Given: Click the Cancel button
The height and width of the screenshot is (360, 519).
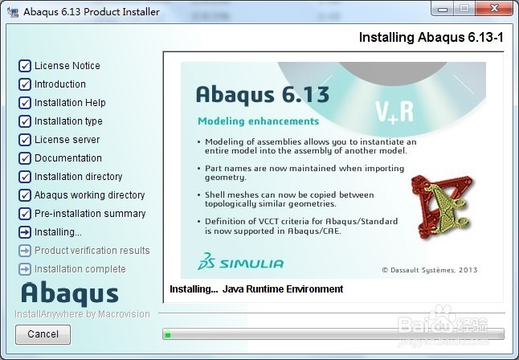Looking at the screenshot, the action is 43,334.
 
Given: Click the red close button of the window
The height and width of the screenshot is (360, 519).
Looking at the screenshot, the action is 494,8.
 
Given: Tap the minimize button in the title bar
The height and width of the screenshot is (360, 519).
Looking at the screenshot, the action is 443,8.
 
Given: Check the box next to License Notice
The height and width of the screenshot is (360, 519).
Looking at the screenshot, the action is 25,66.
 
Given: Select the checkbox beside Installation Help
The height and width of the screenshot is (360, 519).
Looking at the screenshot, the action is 25,103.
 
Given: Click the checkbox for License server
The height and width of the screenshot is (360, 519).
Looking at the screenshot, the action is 25,140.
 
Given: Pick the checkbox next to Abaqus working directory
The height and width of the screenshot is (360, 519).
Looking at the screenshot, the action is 25,195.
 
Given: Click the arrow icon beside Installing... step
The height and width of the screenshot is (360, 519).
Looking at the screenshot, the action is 25,232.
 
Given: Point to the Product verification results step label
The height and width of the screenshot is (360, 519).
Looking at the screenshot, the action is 92,251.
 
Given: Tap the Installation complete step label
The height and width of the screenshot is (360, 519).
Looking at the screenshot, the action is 80,269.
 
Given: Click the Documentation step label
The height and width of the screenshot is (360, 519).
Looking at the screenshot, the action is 68,158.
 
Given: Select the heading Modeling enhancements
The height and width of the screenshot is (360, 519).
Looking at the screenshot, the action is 258,121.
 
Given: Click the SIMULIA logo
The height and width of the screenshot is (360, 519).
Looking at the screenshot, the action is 241,262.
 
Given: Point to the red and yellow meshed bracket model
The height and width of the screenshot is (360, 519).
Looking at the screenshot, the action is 443,207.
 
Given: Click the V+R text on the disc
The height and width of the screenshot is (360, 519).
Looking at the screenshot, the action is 394,112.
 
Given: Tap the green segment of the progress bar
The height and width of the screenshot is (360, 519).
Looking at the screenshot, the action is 168,335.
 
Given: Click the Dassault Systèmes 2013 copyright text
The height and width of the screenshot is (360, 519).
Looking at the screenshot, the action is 430,270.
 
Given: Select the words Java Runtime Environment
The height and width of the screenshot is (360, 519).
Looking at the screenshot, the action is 283,289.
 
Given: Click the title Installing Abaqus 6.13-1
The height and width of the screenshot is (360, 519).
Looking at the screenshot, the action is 431,37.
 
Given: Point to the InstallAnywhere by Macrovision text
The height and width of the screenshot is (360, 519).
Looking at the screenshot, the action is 82,314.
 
